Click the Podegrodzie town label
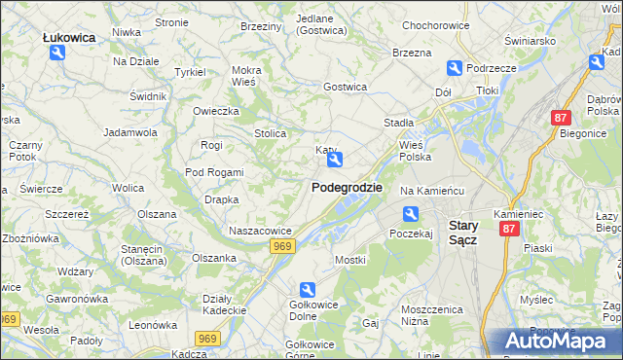tap(347, 187)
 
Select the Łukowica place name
tap(69, 37)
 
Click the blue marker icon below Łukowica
tap(57, 54)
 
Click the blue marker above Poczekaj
tap(411, 214)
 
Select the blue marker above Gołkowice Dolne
tap(308, 289)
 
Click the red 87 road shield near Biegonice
tap(560, 118)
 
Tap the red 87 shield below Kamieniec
tap(508, 229)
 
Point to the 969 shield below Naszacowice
tap(282, 247)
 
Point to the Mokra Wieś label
tap(246, 76)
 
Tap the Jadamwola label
tap(130, 131)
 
